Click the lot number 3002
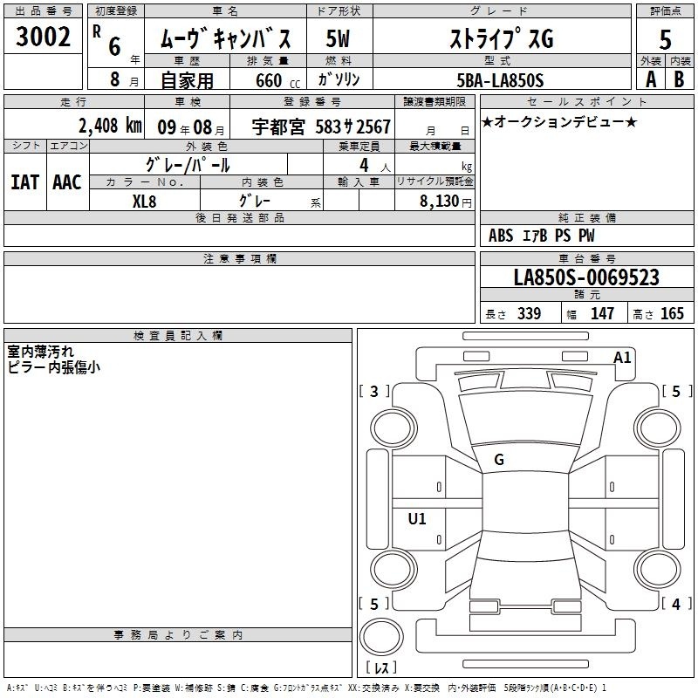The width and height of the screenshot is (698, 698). point(43,37)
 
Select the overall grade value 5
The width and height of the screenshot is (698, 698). point(665,40)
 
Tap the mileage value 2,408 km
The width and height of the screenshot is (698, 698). point(110,126)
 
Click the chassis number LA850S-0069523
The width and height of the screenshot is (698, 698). point(586,277)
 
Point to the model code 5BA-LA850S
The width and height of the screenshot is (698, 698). point(500,80)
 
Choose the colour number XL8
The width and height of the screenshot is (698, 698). point(144,202)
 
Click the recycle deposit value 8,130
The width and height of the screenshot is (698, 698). point(440,201)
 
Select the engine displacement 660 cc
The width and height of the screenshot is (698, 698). point(277,80)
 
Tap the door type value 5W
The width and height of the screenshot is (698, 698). point(338,38)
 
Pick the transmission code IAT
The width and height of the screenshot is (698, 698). point(24,182)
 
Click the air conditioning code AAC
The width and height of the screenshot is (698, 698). point(67,182)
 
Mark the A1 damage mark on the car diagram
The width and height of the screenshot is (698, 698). point(622,357)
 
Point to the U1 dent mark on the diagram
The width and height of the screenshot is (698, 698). point(417,518)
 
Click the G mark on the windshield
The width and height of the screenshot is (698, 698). point(499,459)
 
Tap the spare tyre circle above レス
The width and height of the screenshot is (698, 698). point(381,637)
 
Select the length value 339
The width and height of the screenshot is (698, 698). point(529,313)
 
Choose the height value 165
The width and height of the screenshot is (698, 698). point(672,313)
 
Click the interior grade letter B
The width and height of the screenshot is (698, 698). point(679,79)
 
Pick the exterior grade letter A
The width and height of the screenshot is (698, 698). point(651,79)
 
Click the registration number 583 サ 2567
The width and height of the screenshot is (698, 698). point(352,127)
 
